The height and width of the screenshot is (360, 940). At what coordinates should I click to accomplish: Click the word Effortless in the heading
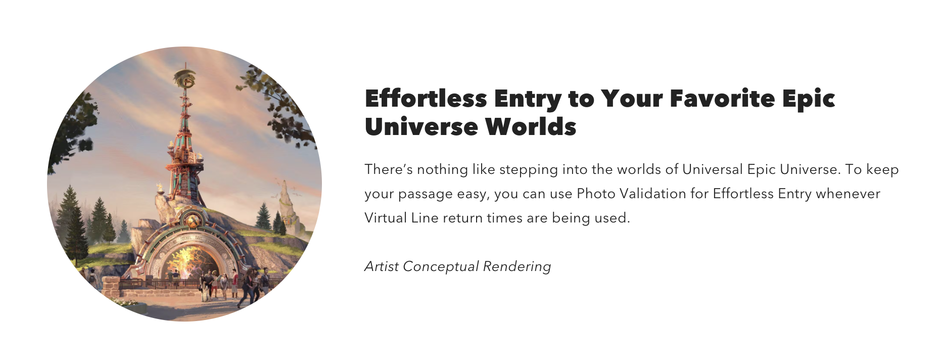(426, 98)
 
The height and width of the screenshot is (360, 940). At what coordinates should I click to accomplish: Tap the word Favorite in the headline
(722, 98)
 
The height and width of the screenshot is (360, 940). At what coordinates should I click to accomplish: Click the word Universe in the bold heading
(420, 126)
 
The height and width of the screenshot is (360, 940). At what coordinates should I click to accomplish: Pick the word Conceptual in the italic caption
(441, 267)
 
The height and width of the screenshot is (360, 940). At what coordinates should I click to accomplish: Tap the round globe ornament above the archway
(192, 221)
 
